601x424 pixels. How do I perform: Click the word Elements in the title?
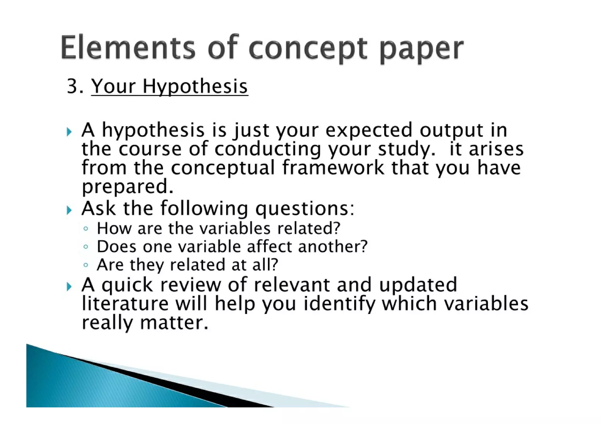(x=128, y=47)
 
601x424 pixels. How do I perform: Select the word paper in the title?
(x=421, y=49)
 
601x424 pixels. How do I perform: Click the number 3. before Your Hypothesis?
(x=75, y=86)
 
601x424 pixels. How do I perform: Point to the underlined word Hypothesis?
(x=195, y=87)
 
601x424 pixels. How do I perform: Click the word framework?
(x=333, y=168)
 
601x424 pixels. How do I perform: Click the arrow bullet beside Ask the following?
(x=69, y=210)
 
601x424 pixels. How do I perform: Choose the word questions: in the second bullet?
(x=305, y=209)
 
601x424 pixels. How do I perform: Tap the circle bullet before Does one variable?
(x=85, y=247)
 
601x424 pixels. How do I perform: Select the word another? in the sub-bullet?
(x=333, y=246)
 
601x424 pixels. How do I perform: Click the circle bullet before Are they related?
(x=85, y=265)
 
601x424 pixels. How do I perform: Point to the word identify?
(x=339, y=304)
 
